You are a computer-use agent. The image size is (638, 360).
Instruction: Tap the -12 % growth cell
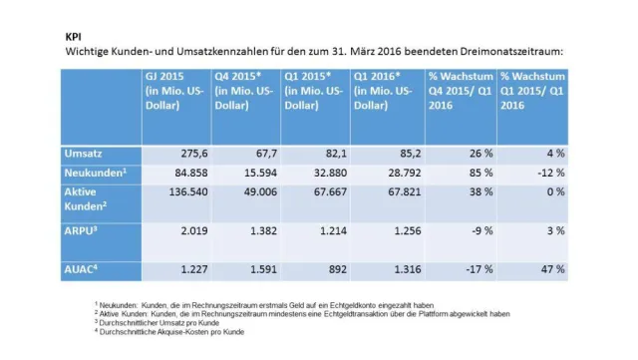coord(544,172)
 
